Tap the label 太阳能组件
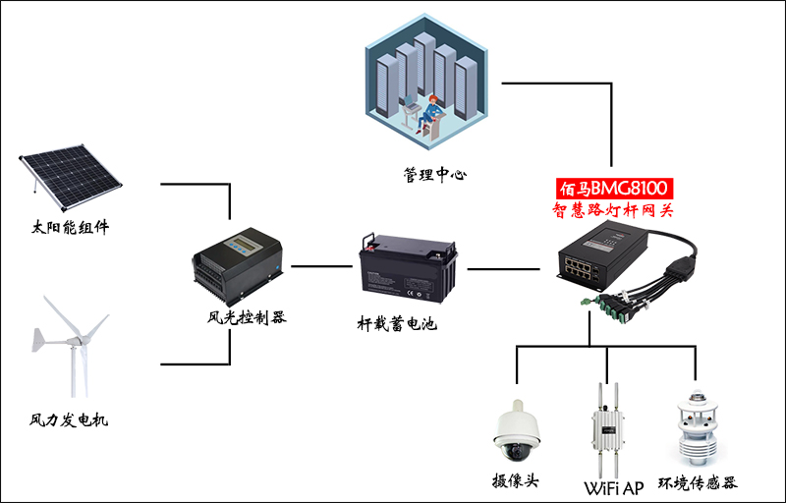[x=70, y=229]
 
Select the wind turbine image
[x=71, y=349]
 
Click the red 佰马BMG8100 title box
[x=616, y=187]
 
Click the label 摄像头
[x=517, y=481]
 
